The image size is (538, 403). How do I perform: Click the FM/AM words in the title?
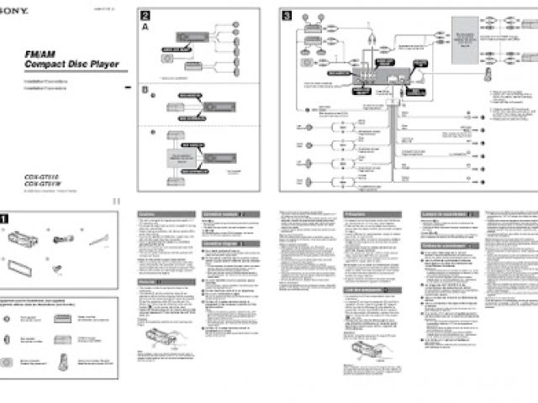40,55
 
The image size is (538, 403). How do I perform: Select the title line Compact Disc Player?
71,65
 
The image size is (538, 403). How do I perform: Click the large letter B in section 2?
145,90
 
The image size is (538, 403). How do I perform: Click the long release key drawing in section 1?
101,241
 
